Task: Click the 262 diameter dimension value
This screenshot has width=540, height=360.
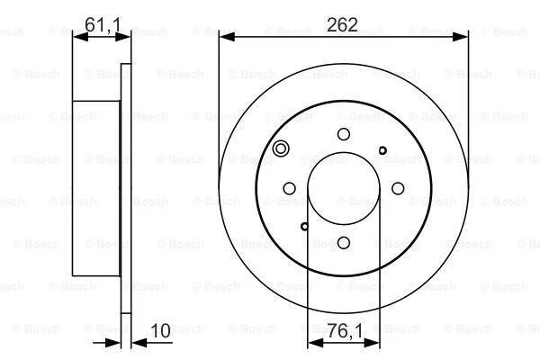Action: [342, 25]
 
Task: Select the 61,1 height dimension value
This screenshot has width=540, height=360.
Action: [103, 25]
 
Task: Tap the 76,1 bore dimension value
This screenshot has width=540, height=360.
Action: [345, 331]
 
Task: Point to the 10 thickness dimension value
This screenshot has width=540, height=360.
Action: [160, 330]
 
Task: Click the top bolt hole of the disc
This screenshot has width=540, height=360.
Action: [344, 134]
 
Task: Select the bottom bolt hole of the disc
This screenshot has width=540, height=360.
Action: [344, 242]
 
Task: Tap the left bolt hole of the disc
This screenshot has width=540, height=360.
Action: [289, 188]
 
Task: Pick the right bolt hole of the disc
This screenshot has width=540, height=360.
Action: [398, 188]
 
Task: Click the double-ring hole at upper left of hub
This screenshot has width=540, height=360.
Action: [281, 148]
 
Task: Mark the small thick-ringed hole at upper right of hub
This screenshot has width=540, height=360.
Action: [382, 150]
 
